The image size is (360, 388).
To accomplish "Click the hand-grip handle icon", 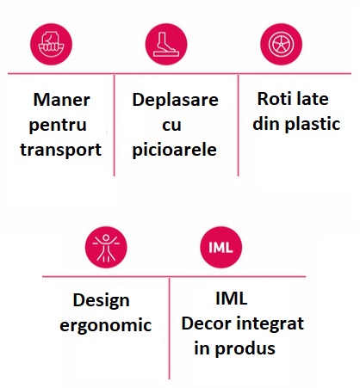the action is [x=51, y=44].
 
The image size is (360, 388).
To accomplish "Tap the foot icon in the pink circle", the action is [x=166, y=44].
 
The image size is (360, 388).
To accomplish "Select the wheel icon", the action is [x=281, y=44].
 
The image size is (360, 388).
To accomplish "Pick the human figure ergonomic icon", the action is [x=106, y=247].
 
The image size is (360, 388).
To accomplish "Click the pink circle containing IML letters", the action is [x=220, y=247].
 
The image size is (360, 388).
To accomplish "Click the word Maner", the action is [x=62, y=100].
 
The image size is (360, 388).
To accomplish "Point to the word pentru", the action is [x=58, y=126].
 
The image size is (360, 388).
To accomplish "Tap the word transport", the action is [x=61, y=150].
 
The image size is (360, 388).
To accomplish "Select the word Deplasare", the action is [x=175, y=100].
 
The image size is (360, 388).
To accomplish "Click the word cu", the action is [x=171, y=126].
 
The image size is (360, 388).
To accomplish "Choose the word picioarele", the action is [x=174, y=150].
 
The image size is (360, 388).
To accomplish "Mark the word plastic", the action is [x=313, y=124].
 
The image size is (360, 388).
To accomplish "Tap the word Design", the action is [x=102, y=301].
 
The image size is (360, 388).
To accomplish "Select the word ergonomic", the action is [x=106, y=326].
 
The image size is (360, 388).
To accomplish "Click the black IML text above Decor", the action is [x=231, y=299].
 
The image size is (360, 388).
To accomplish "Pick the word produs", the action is [x=245, y=348].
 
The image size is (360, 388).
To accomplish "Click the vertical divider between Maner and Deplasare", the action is [x=115, y=126].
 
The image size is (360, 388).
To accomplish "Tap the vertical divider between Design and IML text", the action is [x=170, y=329].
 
